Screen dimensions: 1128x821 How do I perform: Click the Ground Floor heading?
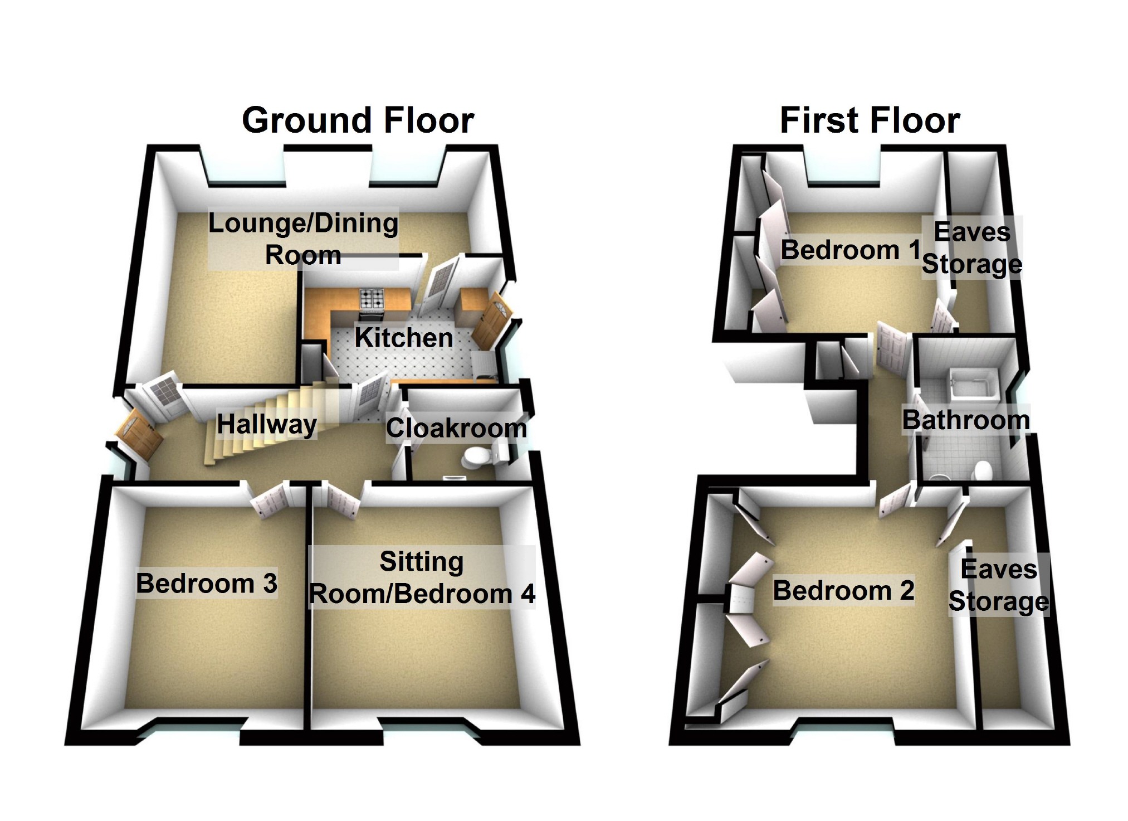pos(358,120)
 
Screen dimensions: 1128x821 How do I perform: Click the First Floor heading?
pos(870,120)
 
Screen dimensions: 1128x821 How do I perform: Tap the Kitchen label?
pos(404,338)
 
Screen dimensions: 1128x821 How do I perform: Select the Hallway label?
pos(267,425)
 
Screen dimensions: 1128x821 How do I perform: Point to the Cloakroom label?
pos(456,428)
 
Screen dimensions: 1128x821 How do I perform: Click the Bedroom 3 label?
pos(207,584)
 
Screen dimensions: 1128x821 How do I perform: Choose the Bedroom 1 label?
pos(851,250)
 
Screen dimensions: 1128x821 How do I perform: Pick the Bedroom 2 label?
pos(843,590)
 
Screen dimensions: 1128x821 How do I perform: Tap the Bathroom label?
pos(966,420)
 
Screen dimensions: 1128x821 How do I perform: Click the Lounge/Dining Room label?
pos(303,239)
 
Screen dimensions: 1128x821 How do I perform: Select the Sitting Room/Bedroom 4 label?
pos(422,577)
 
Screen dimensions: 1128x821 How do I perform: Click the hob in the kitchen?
pos(372,299)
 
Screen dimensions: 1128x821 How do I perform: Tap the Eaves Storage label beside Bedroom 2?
pos(999,585)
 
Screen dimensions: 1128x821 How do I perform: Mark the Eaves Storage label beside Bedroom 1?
pos(972,248)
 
